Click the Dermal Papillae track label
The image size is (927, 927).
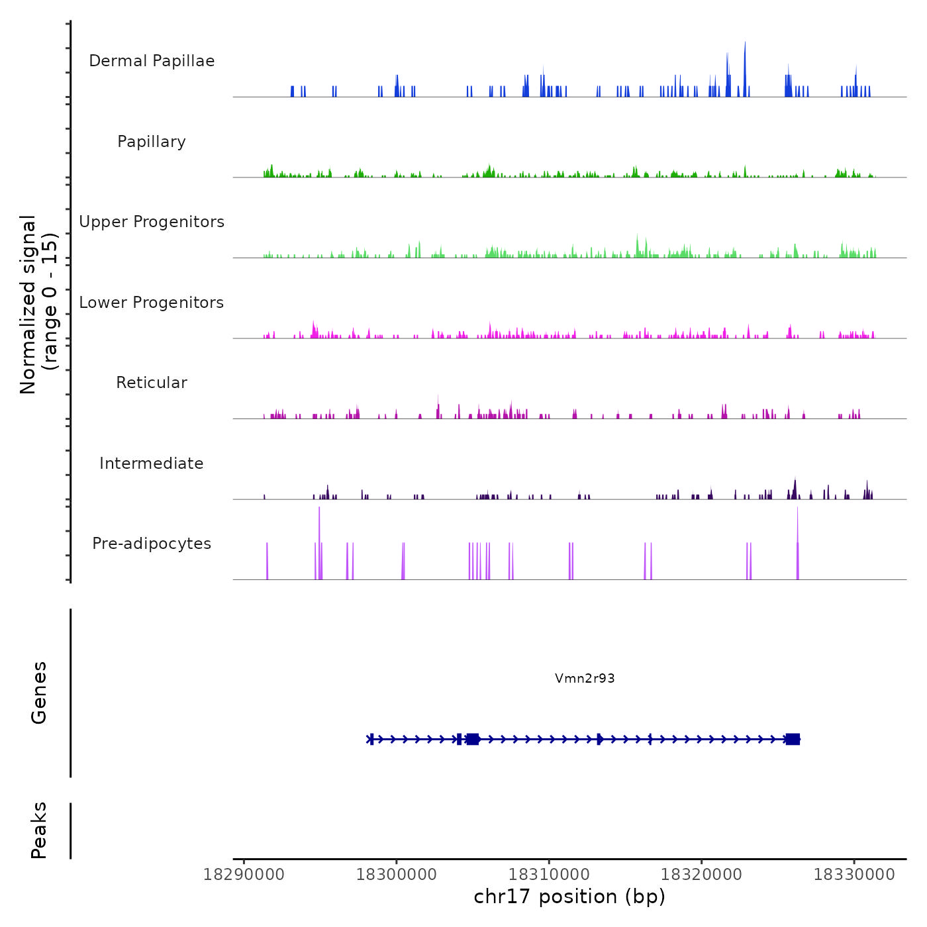point(152,61)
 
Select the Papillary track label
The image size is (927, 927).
point(152,142)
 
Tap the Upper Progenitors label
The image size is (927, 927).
point(152,222)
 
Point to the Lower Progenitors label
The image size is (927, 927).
point(152,303)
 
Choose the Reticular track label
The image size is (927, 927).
point(152,383)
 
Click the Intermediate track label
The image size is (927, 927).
point(152,463)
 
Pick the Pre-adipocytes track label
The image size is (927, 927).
point(152,544)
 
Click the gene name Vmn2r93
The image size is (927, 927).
point(585,678)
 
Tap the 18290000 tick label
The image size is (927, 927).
point(244,875)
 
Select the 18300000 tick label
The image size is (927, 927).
point(397,875)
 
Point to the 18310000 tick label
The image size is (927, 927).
point(549,875)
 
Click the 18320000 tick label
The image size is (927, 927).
point(702,875)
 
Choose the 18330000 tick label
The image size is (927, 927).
point(854,875)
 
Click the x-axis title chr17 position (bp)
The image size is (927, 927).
point(569,897)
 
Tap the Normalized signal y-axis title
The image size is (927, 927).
point(38,304)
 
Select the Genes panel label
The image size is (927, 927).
point(39,693)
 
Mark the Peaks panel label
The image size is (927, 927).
point(39,830)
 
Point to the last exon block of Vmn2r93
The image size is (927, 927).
point(793,739)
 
